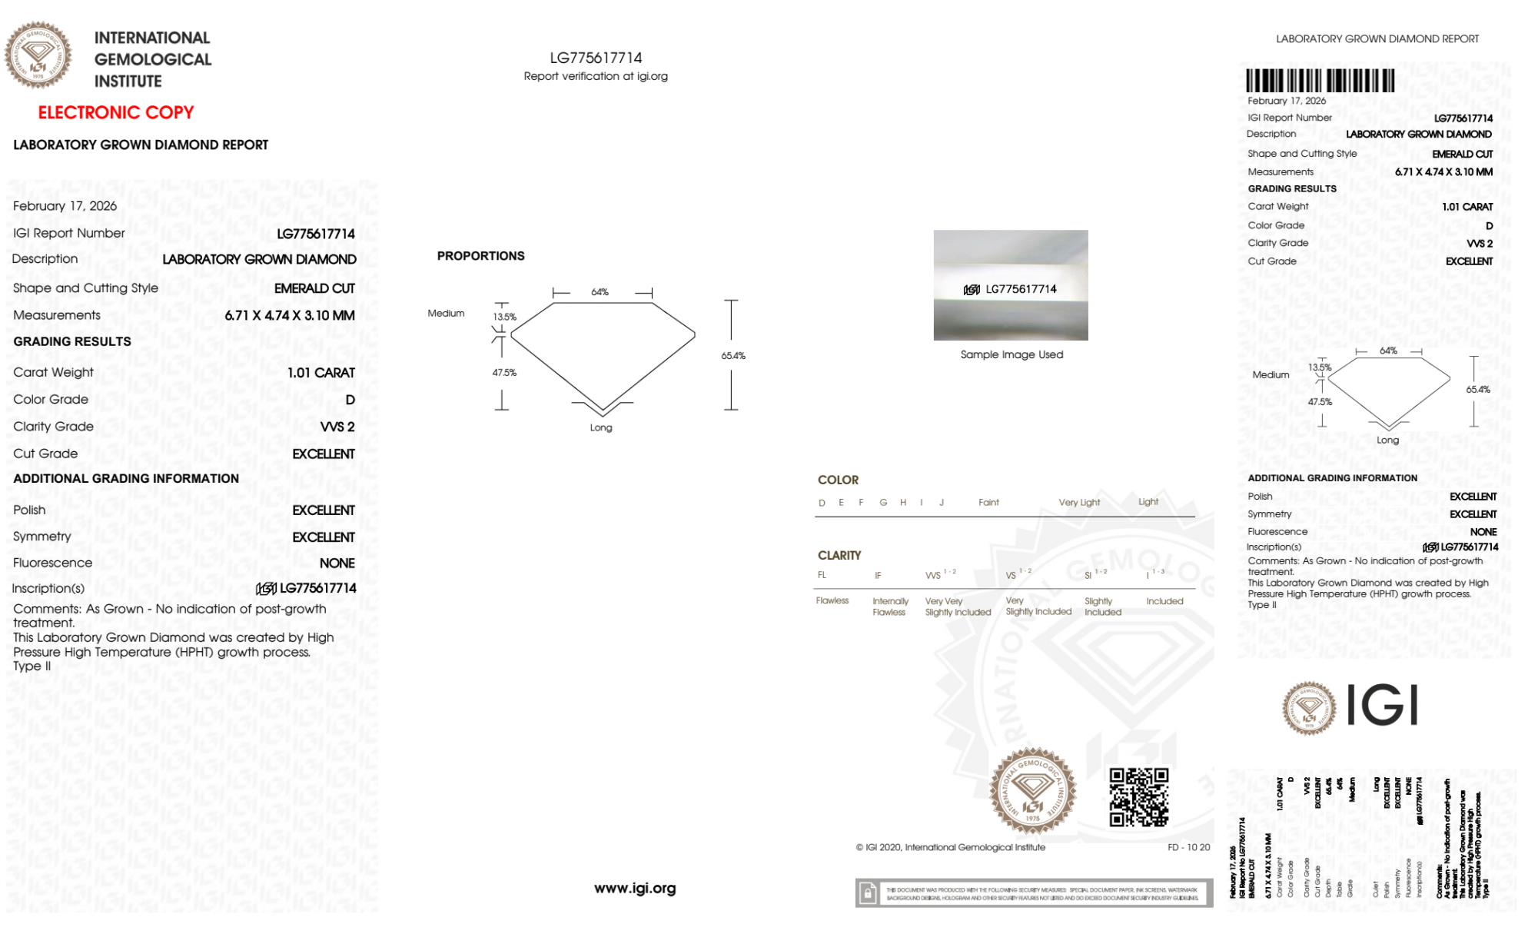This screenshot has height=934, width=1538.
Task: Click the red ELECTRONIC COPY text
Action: [116, 113]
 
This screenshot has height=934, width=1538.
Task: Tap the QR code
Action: [1138, 797]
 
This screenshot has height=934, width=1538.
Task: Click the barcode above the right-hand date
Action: [1320, 81]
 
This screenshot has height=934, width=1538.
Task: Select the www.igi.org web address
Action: [635, 888]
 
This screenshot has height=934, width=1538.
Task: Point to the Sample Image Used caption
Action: [1011, 354]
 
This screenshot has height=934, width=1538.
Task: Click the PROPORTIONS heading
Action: [480, 256]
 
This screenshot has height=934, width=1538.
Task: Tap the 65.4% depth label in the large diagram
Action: [733, 356]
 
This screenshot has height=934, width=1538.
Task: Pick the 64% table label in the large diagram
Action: [600, 292]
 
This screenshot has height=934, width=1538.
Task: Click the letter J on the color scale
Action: [942, 503]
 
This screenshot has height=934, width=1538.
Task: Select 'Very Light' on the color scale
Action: [1079, 503]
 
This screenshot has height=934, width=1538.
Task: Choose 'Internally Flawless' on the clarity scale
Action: [890, 607]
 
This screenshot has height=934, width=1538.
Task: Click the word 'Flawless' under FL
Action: [832, 601]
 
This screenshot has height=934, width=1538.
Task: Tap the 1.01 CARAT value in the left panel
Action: [321, 373]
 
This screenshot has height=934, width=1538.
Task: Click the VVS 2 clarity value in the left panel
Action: [337, 427]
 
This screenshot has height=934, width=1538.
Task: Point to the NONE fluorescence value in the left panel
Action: [337, 563]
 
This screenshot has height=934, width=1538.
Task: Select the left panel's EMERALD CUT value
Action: [314, 288]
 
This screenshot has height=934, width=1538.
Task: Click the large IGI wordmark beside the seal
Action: [1383, 706]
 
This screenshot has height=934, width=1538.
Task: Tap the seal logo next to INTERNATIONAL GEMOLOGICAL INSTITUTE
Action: [38, 55]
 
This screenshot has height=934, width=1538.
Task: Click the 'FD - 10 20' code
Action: [1188, 847]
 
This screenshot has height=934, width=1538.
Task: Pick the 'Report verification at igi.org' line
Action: [596, 76]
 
